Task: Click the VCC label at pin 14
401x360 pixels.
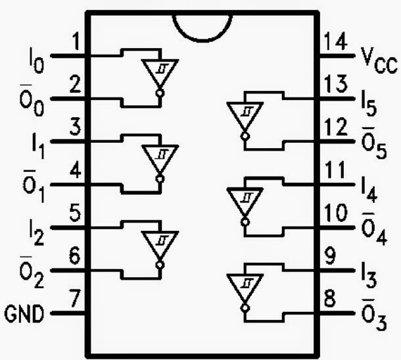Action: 379,61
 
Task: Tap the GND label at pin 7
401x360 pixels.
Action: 24,314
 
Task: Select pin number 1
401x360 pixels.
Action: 75,41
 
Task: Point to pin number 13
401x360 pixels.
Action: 335,84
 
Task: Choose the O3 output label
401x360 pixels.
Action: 374,315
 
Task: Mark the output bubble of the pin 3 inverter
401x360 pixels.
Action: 160,179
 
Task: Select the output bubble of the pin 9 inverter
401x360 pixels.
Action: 245,308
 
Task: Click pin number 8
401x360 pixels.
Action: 330,298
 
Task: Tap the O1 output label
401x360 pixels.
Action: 34,186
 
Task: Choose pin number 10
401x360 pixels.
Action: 335,213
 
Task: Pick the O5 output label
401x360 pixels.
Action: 374,143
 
